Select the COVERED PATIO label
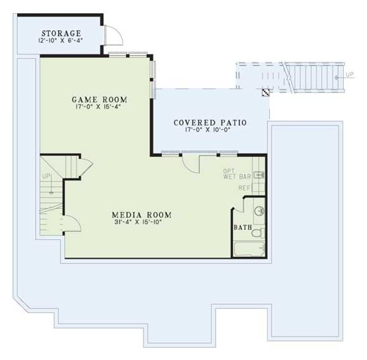[x=210, y=122]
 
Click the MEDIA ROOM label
[x=141, y=215]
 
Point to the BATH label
[x=242, y=227]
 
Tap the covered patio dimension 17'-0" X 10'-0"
[x=210, y=130]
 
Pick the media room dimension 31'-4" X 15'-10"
[x=141, y=223]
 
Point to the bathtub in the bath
[x=249, y=249]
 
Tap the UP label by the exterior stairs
[x=349, y=76]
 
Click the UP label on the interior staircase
[x=46, y=176]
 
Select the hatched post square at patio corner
[x=266, y=93]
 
